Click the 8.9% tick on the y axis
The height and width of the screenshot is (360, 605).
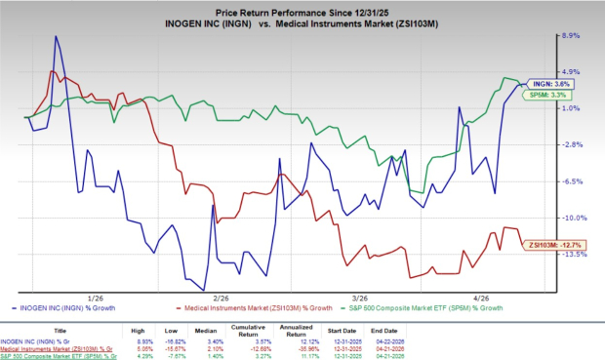pos(570,35)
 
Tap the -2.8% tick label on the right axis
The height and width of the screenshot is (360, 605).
pos(571,144)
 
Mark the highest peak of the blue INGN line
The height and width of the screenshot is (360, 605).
pos(56,36)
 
